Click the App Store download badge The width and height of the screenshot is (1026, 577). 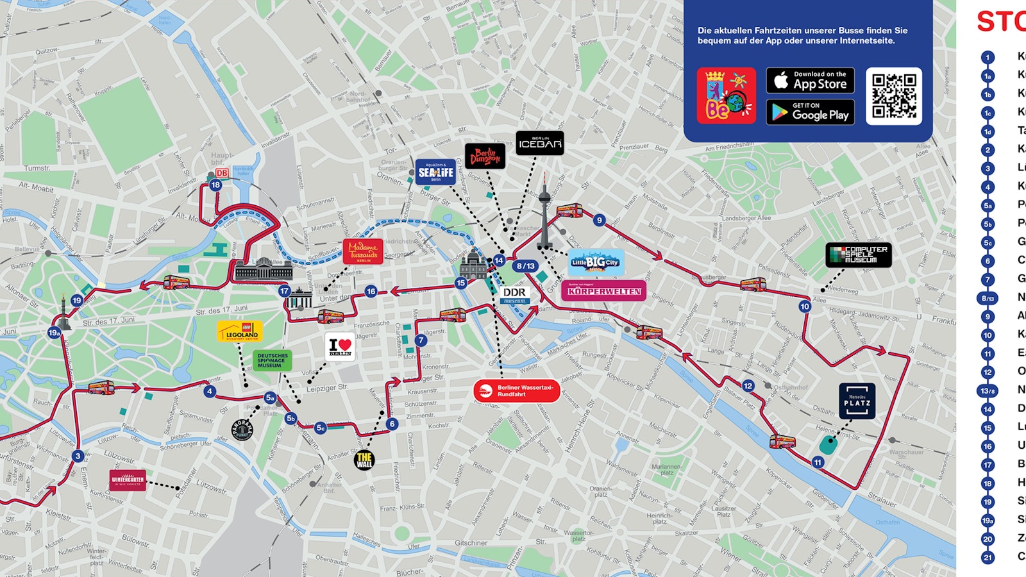pyautogui.click(x=810, y=81)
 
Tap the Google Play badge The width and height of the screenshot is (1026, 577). pyautogui.click(x=810, y=112)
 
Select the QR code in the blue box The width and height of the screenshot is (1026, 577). pyautogui.click(x=894, y=96)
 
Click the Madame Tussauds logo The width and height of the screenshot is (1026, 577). pyautogui.click(x=363, y=251)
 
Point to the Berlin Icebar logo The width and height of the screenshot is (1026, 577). pyautogui.click(x=540, y=143)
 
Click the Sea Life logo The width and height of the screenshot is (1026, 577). pyautogui.click(x=435, y=172)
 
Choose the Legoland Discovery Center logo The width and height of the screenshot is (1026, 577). pyautogui.click(x=240, y=331)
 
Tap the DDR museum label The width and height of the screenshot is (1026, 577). pyautogui.click(x=514, y=295)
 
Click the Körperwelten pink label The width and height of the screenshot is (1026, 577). pyautogui.click(x=603, y=291)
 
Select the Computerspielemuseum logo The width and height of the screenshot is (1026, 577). pyautogui.click(x=859, y=255)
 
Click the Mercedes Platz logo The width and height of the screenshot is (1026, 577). pyautogui.click(x=857, y=401)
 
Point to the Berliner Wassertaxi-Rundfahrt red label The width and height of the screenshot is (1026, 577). pyautogui.click(x=517, y=390)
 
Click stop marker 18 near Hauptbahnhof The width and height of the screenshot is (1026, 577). pyautogui.click(x=215, y=185)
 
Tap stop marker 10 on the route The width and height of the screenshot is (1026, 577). pyautogui.click(x=805, y=306)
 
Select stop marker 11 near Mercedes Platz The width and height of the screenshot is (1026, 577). pyautogui.click(x=818, y=462)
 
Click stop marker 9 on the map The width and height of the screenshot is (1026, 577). pyautogui.click(x=599, y=220)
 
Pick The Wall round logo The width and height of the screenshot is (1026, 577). pyautogui.click(x=364, y=460)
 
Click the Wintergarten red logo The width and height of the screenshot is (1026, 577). pyautogui.click(x=128, y=480)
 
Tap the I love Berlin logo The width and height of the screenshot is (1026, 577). pyautogui.click(x=340, y=347)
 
